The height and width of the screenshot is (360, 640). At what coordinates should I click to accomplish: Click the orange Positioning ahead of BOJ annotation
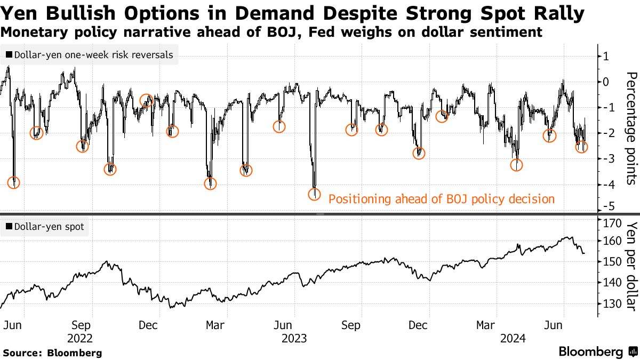click(442, 199)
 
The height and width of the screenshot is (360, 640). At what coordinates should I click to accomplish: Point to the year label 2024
click(513, 338)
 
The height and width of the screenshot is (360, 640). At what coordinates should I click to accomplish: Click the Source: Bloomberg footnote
click(52, 353)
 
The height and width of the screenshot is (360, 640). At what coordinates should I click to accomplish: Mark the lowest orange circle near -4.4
click(315, 194)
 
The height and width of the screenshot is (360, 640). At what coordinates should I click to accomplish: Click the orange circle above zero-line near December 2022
click(146, 100)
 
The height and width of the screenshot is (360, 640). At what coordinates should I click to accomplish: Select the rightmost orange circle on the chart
click(581, 147)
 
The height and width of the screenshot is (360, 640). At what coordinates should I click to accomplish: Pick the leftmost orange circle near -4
click(14, 182)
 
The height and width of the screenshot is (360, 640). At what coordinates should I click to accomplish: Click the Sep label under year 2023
click(350, 325)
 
